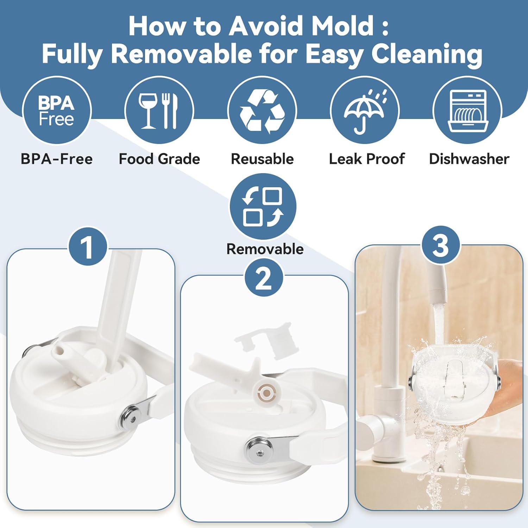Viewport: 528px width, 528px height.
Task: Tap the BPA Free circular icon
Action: (57, 111)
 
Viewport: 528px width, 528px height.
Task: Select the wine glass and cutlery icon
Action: (159, 111)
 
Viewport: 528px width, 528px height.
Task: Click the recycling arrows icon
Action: (262, 111)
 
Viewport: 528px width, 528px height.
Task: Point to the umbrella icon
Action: (365, 111)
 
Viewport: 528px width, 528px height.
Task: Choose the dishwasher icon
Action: (467, 111)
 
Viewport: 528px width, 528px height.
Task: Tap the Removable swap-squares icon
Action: (263, 207)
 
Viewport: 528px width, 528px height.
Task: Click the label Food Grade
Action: (159, 159)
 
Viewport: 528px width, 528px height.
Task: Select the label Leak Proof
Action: (367, 159)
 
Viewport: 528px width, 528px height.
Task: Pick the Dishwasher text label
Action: (469, 159)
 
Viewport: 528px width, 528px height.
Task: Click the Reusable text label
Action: (262, 159)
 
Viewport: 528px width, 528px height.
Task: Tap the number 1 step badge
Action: (87, 246)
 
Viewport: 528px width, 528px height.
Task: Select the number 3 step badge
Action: (441, 245)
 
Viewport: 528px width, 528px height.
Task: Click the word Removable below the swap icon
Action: (265, 249)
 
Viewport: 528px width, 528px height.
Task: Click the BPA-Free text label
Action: (57, 159)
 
